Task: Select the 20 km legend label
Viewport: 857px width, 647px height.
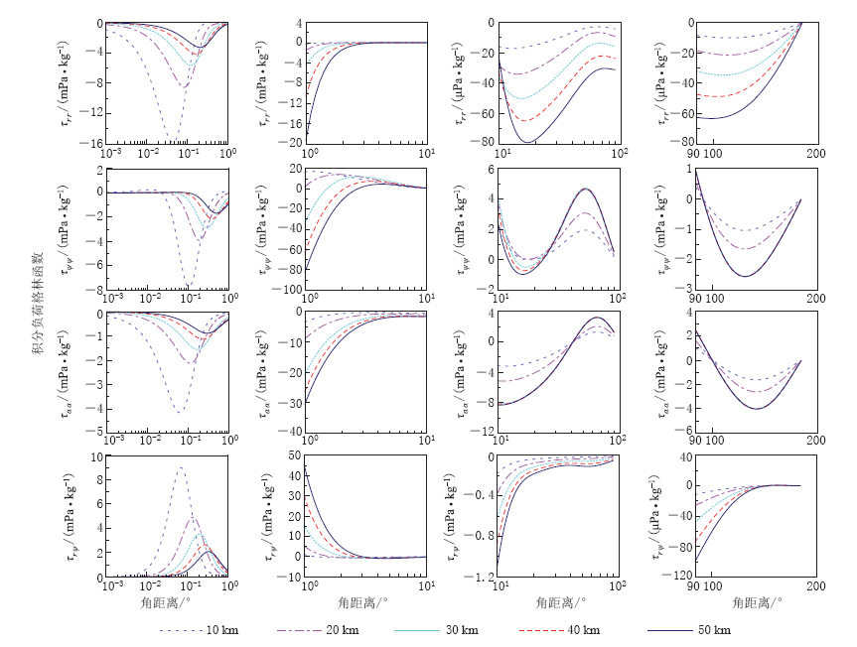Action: point(345,630)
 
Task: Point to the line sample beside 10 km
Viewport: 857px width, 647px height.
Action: point(182,630)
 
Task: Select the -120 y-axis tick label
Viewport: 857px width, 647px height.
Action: point(677,577)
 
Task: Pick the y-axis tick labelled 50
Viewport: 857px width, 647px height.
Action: point(294,455)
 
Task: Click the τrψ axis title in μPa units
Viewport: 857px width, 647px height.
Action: point(662,515)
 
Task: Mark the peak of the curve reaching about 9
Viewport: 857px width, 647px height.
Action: point(181,468)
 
